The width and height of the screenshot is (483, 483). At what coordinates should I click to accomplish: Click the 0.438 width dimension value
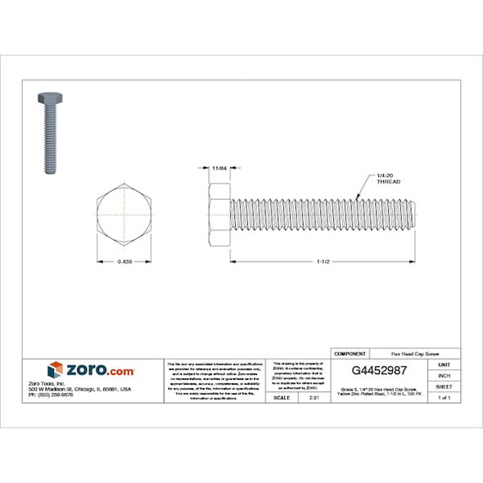[x=124, y=262]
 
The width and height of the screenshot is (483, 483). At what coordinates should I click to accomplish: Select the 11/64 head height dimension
[x=219, y=168]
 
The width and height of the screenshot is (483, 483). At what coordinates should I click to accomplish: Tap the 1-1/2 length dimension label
[x=324, y=262]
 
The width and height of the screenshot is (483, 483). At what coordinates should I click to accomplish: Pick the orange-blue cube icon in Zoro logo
[x=56, y=370]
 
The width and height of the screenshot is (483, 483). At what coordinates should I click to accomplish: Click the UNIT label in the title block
[x=445, y=364]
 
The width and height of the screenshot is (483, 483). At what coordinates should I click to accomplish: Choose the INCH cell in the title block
[x=445, y=375]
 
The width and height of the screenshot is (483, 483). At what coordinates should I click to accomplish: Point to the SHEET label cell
[x=445, y=386]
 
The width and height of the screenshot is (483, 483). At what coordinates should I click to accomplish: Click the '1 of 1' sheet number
[x=445, y=397]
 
